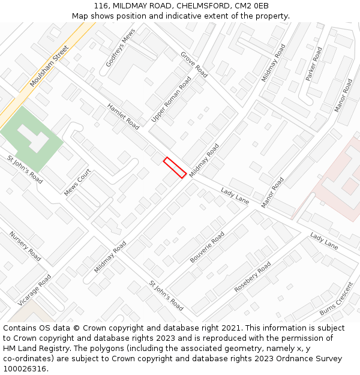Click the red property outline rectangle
(x=175, y=167)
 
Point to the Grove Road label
(x=194, y=64)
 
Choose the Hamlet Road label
(x=123, y=116)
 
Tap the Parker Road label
(x=314, y=64)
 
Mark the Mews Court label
(x=77, y=182)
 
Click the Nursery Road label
(x=25, y=247)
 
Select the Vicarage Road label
(x=35, y=290)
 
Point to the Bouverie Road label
(x=207, y=247)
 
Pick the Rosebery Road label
(x=252, y=277)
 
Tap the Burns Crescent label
(x=336, y=299)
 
